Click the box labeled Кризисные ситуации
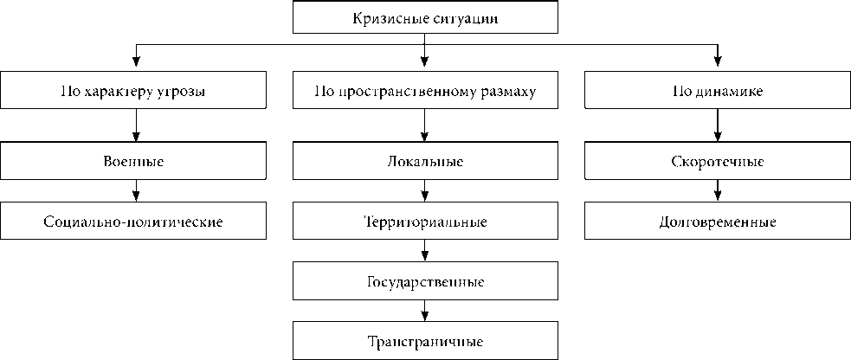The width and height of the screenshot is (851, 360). (x=425, y=17)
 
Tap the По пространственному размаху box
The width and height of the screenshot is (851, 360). (x=425, y=90)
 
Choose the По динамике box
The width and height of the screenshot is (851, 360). (x=718, y=90)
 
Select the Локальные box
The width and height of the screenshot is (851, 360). (x=425, y=162)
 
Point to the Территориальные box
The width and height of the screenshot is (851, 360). (x=425, y=222)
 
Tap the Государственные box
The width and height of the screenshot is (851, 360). (x=425, y=282)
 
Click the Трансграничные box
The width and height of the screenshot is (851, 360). (x=425, y=341)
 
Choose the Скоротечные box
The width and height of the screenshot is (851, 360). (x=718, y=162)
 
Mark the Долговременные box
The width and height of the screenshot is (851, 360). (x=718, y=222)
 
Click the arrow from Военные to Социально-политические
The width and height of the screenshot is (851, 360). (x=135, y=192)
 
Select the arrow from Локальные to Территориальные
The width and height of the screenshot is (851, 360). (x=425, y=192)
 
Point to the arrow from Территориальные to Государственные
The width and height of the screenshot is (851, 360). (x=425, y=252)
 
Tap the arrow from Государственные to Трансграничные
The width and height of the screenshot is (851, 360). (x=425, y=312)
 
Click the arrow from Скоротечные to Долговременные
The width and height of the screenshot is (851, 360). (x=718, y=192)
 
